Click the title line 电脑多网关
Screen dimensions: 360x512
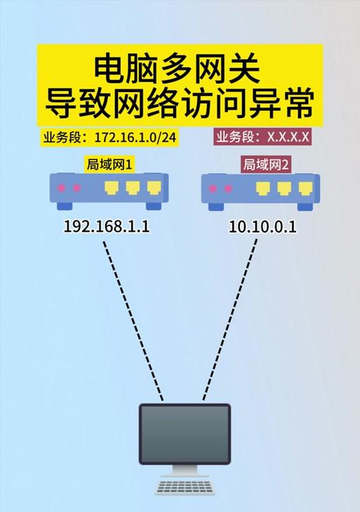(178, 70)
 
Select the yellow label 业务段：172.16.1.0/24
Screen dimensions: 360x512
(110, 138)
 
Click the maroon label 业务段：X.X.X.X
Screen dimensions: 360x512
(262, 137)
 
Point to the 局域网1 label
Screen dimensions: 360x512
(109, 164)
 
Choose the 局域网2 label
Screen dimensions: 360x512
(266, 164)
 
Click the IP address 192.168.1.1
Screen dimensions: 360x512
(107, 226)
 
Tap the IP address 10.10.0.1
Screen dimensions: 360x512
(262, 227)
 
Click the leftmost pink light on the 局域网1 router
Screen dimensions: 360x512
(61, 188)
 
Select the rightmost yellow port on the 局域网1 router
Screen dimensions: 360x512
(154, 188)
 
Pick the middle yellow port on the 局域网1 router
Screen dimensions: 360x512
(133, 188)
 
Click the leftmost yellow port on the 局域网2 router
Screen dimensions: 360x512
(262, 188)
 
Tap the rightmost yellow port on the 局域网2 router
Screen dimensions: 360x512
(305, 188)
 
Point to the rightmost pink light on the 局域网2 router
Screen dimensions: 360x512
(228, 189)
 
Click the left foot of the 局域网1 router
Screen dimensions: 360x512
(65, 206)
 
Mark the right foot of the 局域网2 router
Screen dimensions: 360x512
(305, 206)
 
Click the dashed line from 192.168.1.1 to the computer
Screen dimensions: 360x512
(133, 321)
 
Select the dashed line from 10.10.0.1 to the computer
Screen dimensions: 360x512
(229, 320)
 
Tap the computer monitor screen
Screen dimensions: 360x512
(185, 434)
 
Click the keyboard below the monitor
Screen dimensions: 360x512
(185, 486)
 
